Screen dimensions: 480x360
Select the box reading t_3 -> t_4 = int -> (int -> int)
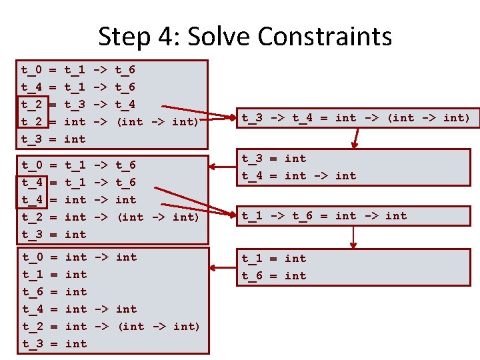tap(355, 118)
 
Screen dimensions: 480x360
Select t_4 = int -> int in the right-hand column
tap(298, 175)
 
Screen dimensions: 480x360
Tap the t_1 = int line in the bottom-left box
tap(54, 274)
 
